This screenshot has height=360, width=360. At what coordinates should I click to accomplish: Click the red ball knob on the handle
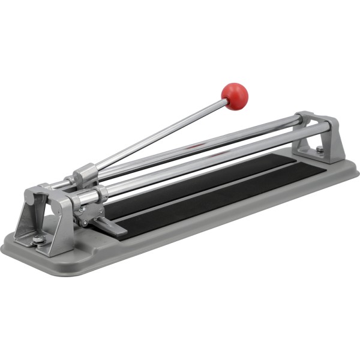click(x=235, y=95)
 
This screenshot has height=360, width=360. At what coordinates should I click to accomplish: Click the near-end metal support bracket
click(x=45, y=219)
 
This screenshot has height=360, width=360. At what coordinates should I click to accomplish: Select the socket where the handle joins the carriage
click(x=83, y=175)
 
